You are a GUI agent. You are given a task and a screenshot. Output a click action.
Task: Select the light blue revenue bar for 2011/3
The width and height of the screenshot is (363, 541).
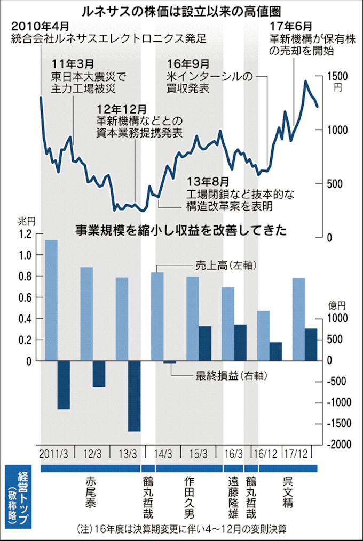[x=51, y=300]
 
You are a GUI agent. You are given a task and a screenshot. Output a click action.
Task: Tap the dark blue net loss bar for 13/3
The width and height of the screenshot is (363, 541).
[x=133, y=395]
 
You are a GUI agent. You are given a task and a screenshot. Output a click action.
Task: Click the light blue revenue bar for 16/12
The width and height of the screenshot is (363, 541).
[x=263, y=335]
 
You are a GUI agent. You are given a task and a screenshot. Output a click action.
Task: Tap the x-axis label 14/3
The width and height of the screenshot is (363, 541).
[x=163, y=454]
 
